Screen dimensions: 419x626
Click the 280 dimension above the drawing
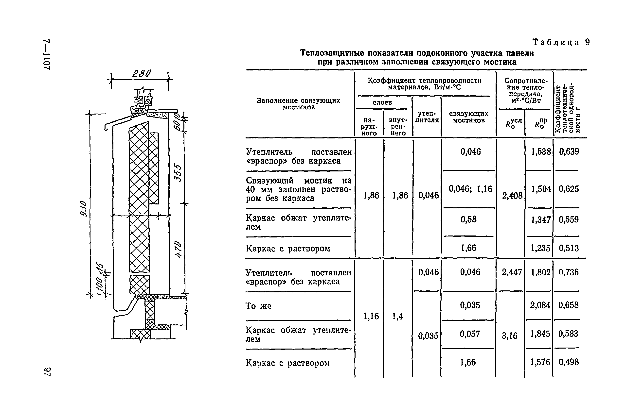[x=142, y=73]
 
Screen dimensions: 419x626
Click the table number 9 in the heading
[x=587, y=42]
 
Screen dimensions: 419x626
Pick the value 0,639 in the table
[x=569, y=151]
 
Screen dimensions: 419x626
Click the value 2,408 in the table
[x=512, y=196]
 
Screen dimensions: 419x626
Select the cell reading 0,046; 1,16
[x=470, y=189]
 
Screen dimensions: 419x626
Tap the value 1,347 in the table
[x=541, y=220]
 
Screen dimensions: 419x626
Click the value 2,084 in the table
[x=540, y=305]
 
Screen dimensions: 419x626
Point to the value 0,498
[x=569, y=362]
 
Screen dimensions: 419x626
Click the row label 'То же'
[x=258, y=306]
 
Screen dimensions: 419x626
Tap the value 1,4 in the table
[x=397, y=316]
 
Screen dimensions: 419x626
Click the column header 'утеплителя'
[x=427, y=117]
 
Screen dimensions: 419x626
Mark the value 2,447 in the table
[x=512, y=272]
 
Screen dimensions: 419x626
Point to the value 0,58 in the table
[x=468, y=219]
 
